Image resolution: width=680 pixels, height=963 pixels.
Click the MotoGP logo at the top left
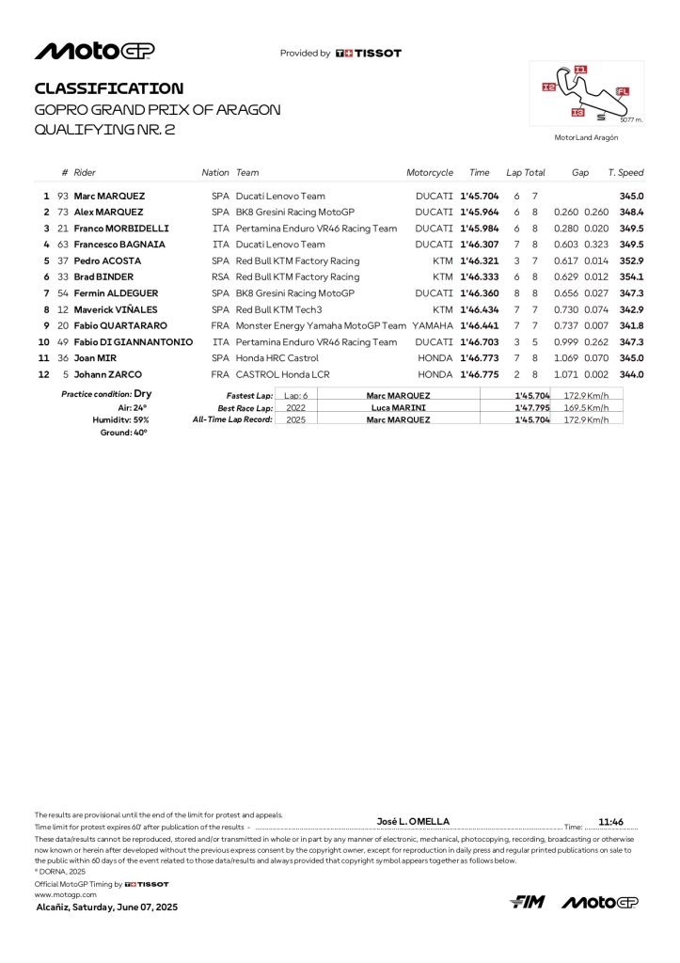[x=94, y=51]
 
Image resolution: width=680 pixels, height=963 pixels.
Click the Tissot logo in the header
[x=369, y=54]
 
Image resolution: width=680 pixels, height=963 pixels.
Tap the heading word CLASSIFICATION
[x=109, y=88]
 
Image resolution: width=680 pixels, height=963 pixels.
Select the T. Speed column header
[x=625, y=173]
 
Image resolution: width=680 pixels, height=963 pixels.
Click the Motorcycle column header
[x=430, y=173]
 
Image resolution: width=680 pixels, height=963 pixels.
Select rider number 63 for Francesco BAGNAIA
[x=64, y=245]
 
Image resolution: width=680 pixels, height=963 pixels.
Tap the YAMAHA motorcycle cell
[x=433, y=325]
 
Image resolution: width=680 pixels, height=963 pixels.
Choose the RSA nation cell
[x=220, y=277]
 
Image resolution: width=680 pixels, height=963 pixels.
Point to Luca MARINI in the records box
[x=398, y=407]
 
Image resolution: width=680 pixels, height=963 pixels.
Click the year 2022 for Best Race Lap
[x=295, y=407]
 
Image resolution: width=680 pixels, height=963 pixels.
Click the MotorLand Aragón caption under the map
[x=586, y=137]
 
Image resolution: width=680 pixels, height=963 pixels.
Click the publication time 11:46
[x=611, y=821]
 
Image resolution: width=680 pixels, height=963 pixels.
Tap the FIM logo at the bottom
[x=528, y=903]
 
